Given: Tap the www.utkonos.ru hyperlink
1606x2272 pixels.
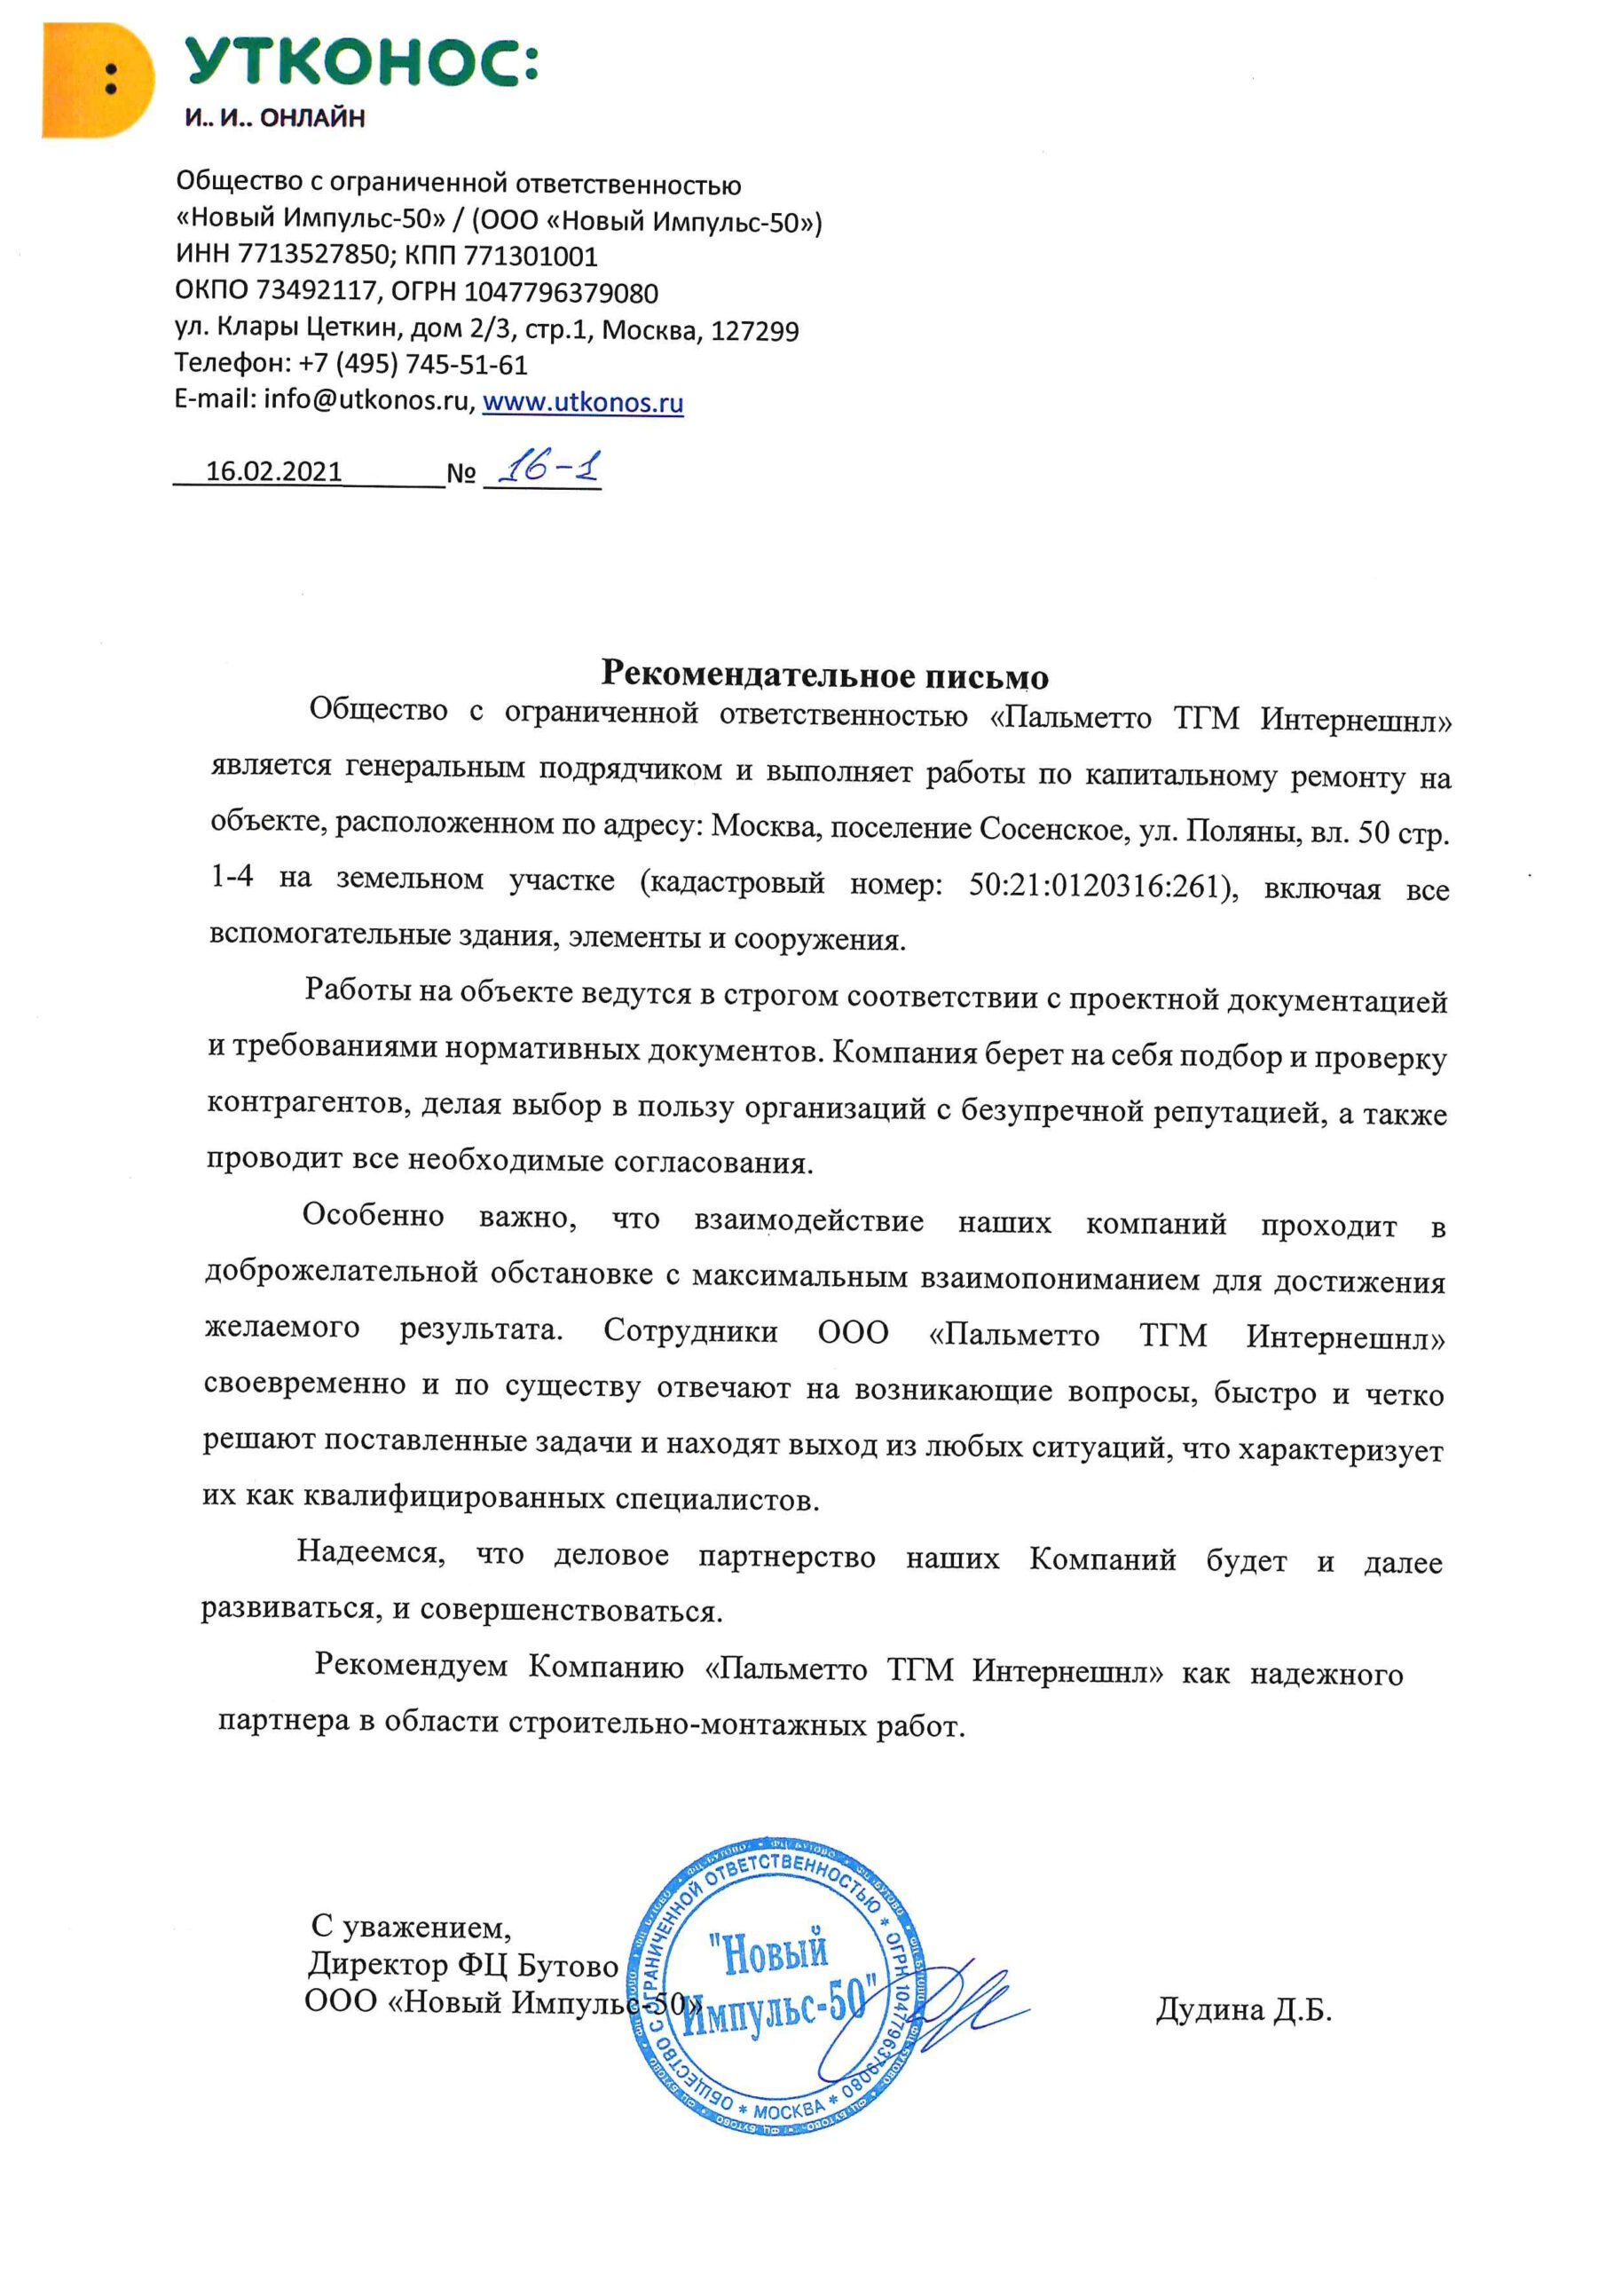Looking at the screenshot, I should pos(583,403).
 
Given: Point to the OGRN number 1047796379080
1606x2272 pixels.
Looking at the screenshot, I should pos(561,292).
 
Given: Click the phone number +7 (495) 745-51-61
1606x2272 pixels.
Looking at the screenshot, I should pos(413,364).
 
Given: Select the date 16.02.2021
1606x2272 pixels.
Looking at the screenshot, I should pos(274,471).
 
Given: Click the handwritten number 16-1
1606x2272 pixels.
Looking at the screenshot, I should pos(547,467).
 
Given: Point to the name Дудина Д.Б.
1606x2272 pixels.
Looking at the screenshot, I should pos(1244,2011).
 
